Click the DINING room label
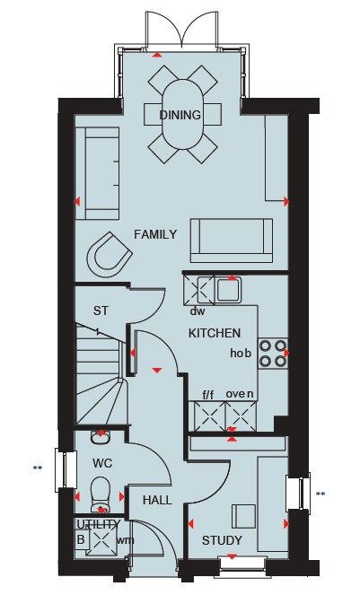coord(180,115)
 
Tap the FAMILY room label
coord(155,234)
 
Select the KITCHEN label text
coord(215,333)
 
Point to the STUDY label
coord(222,540)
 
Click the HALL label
coord(157,500)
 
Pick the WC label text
coord(102,463)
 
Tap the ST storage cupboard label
coord(101,311)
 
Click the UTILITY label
coord(99,524)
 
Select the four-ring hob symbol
coord(273,354)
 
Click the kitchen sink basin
coord(229,290)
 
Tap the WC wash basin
coord(101,438)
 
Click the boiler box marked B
coord(81,539)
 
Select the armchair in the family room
coord(110,255)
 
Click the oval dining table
coord(182,115)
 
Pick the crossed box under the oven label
coord(241,416)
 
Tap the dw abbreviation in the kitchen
coord(198,311)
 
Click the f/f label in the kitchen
coord(207,395)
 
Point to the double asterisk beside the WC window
coord(37,468)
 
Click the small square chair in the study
coord(244,516)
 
